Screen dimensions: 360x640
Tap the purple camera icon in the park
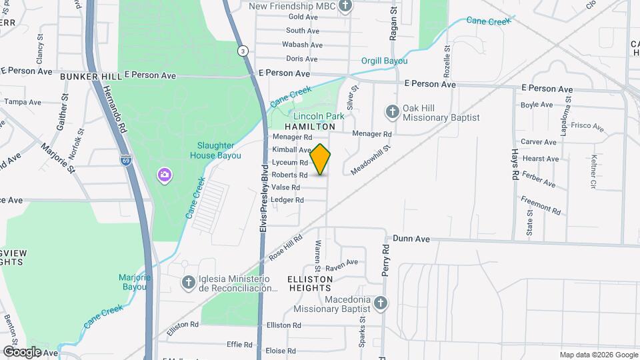pyautogui.click(x=164, y=175)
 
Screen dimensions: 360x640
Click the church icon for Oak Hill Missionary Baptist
pyautogui.click(x=393, y=112)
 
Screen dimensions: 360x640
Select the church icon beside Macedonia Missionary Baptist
pyautogui.click(x=381, y=303)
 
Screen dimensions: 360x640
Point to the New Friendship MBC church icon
pyautogui.click(x=345, y=7)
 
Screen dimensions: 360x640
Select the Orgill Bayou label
pyautogui.click(x=384, y=60)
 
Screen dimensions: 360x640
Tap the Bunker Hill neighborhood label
pyautogui.click(x=91, y=77)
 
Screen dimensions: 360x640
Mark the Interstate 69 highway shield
pyautogui.click(x=125, y=160)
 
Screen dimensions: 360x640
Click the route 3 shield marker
pyautogui.click(x=244, y=51)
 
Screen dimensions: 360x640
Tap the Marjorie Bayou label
pyautogui.click(x=136, y=281)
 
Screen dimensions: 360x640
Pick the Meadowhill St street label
pyautogui.click(x=370, y=161)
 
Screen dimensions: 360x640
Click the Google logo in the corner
pyautogui.click(x=22, y=351)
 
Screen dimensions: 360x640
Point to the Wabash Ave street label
pyautogui.click(x=302, y=45)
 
